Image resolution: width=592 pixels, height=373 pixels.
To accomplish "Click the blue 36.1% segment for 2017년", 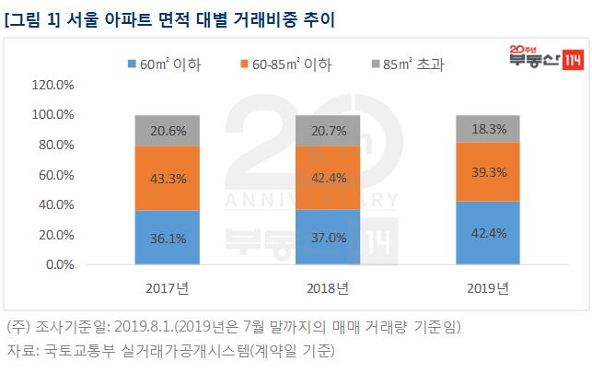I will pos(168,238).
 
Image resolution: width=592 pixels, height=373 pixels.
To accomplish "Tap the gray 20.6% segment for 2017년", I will pos(168,131).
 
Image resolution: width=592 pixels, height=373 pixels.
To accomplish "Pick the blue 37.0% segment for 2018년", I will pos(328,237).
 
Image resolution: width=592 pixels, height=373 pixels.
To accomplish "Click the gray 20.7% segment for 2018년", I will pos(328,131).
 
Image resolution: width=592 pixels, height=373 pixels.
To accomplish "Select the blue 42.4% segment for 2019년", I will pos(488,232).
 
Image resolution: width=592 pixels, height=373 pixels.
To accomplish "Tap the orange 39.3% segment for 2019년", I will pos(488,171).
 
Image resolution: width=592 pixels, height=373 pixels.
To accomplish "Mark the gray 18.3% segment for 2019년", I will pos(488,129).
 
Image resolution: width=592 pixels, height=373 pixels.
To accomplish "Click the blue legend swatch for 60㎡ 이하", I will pos(132,64).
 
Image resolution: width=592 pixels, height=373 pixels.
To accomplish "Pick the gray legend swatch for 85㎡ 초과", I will pos(375,64).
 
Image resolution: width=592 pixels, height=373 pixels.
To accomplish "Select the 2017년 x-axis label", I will pos(168,288).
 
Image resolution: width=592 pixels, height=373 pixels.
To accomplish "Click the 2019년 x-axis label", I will pos(488,288).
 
